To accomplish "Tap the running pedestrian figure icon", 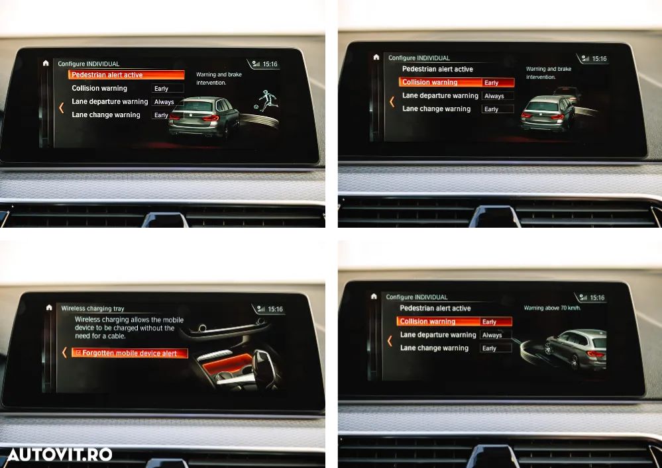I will point(266,101).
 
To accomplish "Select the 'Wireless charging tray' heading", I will point(92,308).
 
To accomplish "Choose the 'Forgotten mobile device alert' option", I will point(129,353).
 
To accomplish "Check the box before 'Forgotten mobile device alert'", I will point(78,353).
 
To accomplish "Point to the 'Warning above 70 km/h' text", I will point(552,308).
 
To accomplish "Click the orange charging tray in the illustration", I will point(229,367).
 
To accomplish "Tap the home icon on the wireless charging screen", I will point(48,308).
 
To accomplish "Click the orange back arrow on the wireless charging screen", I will point(64,353).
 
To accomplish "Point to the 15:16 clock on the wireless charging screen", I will point(274,309).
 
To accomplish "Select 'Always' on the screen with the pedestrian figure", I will point(164,102).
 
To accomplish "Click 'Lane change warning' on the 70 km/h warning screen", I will point(434,348).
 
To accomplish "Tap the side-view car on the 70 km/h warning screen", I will point(575,350).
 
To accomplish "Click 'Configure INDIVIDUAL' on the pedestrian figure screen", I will point(89,64).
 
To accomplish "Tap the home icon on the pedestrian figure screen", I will point(45,64).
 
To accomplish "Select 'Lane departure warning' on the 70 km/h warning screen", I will point(438,335).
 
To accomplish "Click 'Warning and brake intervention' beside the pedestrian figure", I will point(219,79).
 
